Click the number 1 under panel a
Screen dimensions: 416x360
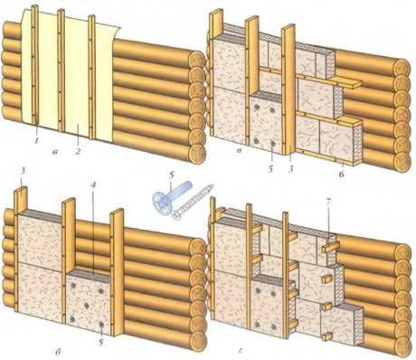(x=36, y=140)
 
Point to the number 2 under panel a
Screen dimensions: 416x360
(x=78, y=149)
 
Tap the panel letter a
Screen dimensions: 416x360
(x=55, y=153)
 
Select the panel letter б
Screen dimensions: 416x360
(x=59, y=351)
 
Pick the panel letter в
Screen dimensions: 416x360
(x=239, y=151)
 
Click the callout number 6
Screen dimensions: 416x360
(x=341, y=174)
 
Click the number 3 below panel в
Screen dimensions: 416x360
(x=291, y=169)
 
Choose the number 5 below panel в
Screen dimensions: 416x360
(x=270, y=169)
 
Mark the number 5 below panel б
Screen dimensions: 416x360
(x=101, y=342)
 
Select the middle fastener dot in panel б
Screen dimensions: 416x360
(x=87, y=306)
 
